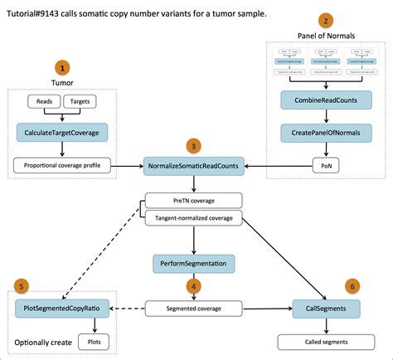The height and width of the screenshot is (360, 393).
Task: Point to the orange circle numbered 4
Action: pos(194,286)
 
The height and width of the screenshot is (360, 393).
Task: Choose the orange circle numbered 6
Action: pos(352,286)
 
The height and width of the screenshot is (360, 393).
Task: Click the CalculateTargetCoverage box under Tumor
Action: pos(62,131)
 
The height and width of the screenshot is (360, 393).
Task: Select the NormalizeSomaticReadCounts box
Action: pos(194,165)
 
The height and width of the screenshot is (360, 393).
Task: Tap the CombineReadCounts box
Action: pos(325,100)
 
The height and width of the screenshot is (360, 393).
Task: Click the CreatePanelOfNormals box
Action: pos(325,133)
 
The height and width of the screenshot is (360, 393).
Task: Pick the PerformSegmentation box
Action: pos(194,264)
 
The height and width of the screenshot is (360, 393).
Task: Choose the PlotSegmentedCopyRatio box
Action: pos(62,309)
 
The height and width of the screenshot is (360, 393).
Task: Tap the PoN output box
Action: pos(325,165)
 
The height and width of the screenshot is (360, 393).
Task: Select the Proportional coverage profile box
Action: pos(62,165)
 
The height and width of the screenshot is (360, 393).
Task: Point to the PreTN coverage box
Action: pos(194,200)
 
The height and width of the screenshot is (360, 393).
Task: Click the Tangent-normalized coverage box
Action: pos(194,217)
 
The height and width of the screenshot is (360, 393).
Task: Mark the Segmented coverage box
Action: pos(194,309)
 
